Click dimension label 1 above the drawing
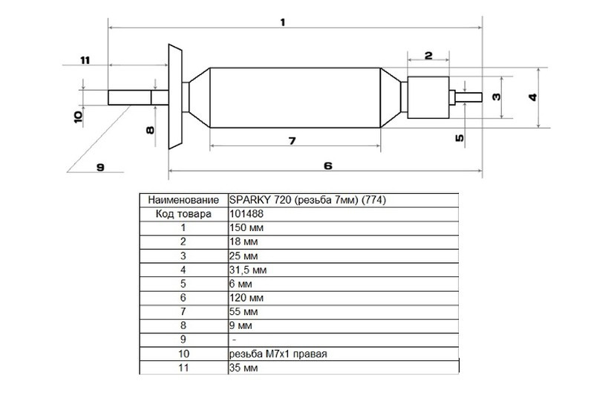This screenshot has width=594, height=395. [283, 22]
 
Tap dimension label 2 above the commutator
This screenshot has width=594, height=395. [428, 55]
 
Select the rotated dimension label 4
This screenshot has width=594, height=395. [533, 97]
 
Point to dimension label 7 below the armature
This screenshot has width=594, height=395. [292, 141]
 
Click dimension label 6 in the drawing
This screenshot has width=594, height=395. [328, 166]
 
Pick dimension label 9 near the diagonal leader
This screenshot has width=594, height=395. [100, 167]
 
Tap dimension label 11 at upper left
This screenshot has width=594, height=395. [85, 60]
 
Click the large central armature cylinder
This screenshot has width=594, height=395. [295, 98]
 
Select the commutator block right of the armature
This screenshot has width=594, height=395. [428, 97]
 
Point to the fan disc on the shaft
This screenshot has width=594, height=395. [175, 97]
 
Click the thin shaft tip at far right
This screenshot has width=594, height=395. [469, 97]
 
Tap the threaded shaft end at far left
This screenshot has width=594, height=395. [129, 97]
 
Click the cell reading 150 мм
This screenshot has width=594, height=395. [247, 228]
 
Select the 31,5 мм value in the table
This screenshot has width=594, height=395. [248, 270]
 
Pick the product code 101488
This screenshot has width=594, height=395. [247, 214]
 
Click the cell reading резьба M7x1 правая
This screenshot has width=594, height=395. [278, 353]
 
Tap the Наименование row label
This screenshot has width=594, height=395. [183, 200]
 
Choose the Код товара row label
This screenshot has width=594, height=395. [183, 214]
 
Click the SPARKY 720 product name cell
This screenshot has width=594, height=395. [307, 200]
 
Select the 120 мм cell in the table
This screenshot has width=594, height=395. [247, 298]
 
